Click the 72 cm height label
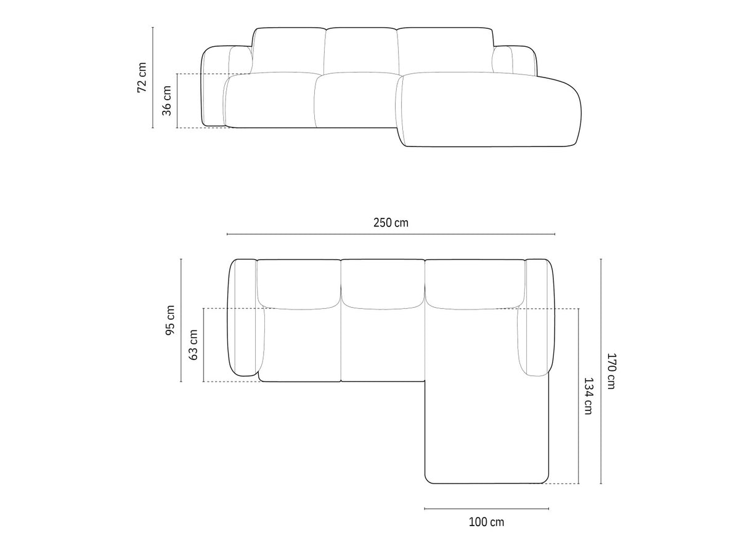pyautogui.click(x=142, y=77)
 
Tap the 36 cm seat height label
pyautogui.click(x=166, y=101)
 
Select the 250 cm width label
pyautogui.click(x=391, y=223)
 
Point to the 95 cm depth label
pyautogui.click(x=169, y=320)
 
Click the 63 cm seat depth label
pyautogui.click(x=193, y=345)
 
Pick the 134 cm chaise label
pyautogui.click(x=588, y=396)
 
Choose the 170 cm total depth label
pyautogui.click(x=611, y=371)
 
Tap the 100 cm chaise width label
pyautogui.click(x=486, y=522)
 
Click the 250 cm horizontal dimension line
pyautogui.click(x=391, y=234)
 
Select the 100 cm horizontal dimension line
pyautogui.click(x=486, y=509)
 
